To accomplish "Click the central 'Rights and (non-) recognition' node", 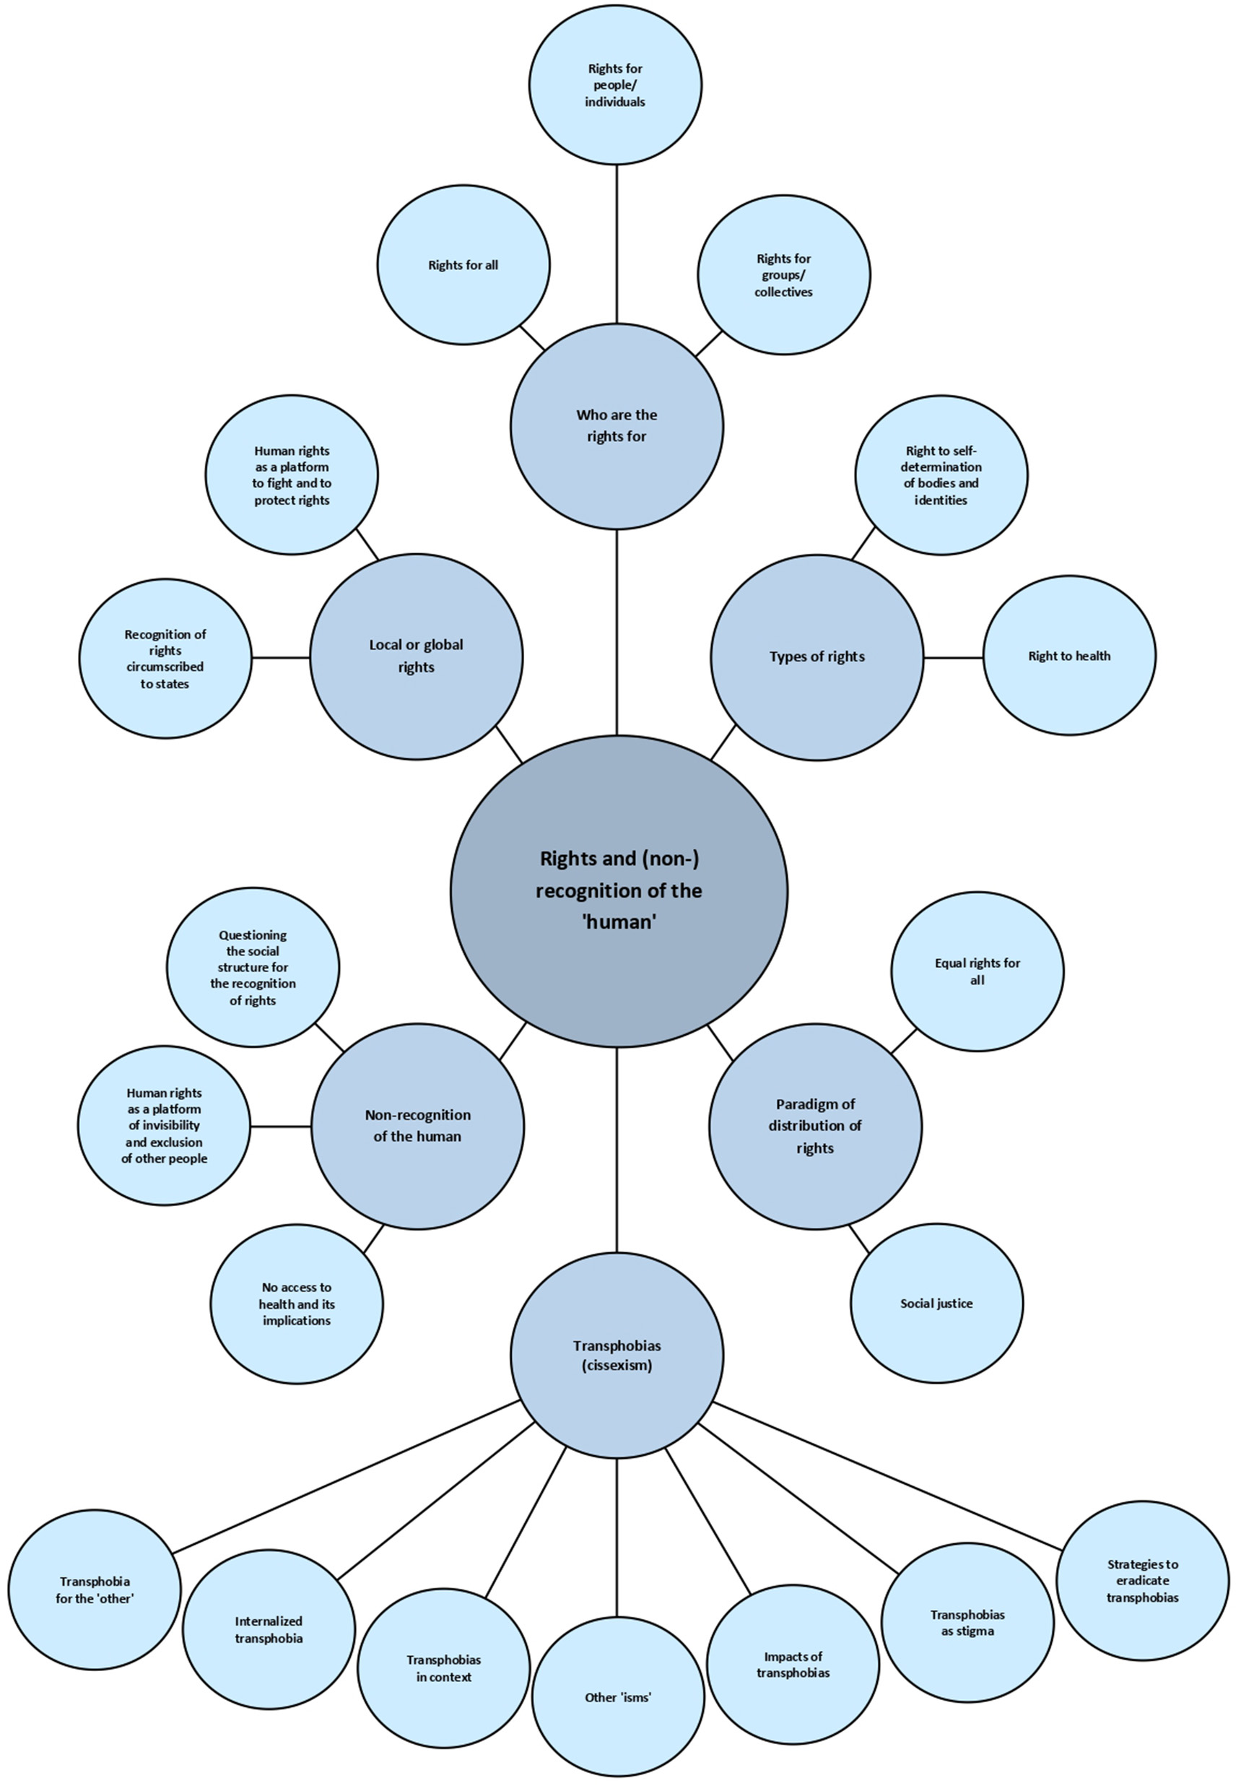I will pyautogui.click(x=619, y=890).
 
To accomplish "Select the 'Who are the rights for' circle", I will pyautogui.click(x=617, y=426).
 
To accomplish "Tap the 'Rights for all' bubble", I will pyautogui.click(x=463, y=265).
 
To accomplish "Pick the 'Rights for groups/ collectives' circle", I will pyautogui.click(x=784, y=275).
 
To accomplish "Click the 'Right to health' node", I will pyautogui.click(x=1069, y=656).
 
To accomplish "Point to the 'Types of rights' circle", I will pyautogui.click(x=817, y=657).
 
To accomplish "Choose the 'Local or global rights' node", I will pyautogui.click(x=416, y=656).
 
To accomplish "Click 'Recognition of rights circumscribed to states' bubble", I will pyautogui.click(x=165, y=659).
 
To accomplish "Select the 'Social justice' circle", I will pyautogui.click(x=936, y=1304).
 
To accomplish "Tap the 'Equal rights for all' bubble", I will pyautogui.click(x=977, y=971).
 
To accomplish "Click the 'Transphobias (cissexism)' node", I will pyautogui.click(x=617, y=1356).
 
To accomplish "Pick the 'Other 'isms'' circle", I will pyautogui.click(x=618, y=1698).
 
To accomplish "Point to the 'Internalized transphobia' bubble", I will pyautogui.click(x=269, y=1630).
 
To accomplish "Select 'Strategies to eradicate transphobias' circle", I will pyautogui.click(x=1142, y=1581).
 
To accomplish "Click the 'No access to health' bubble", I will pyautogui.click(x=296, y=1304).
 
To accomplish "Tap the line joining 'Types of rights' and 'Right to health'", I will pyautogui.click(x=953, y=657).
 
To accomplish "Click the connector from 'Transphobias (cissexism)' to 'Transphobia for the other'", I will pyautogui.click(x=346, y=1476).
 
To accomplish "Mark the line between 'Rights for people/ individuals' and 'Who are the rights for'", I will pyautogui.click(x=617, y=243).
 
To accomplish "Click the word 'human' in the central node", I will pyautogui.click(x=619, y=922).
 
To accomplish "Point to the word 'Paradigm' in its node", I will pyautogui.click(x=815, y=1104).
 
